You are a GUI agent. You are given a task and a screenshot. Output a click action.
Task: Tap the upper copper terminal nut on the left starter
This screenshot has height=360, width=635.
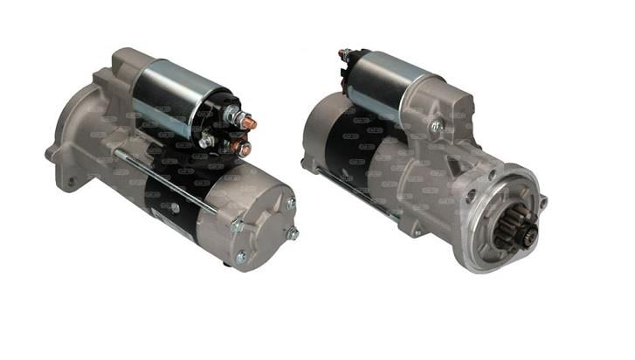pos(248,122)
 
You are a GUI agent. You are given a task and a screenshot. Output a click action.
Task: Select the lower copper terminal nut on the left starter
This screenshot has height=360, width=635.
pos(245,149)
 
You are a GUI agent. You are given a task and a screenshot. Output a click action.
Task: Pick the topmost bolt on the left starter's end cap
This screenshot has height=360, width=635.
pos(291,203)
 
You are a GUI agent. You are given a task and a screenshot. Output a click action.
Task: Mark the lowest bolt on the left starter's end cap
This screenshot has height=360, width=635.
pos(242,257)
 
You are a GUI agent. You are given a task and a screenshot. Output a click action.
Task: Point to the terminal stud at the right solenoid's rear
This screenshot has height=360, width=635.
pos(344,55)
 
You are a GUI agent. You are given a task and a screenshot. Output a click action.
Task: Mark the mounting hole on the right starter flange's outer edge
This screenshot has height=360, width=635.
pos(542,203)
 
